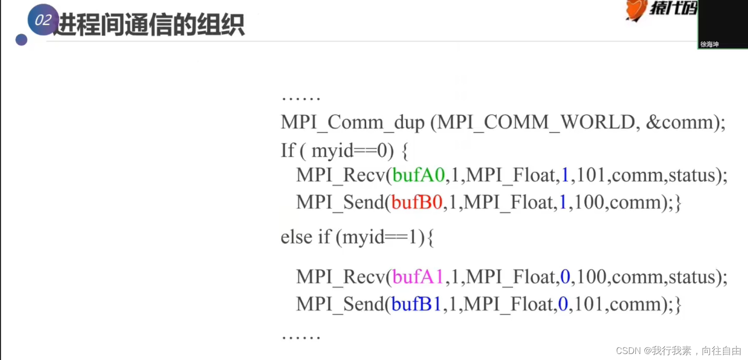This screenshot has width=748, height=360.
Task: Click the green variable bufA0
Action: [418, 175]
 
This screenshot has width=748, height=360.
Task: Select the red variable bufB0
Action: [417, 202]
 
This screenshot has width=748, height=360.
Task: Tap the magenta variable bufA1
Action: [418, 277]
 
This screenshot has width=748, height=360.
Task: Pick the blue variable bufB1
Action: [417, 304]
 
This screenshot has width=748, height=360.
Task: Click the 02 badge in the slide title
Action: [43, 20]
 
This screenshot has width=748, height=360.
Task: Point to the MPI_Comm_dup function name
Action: [352, 122]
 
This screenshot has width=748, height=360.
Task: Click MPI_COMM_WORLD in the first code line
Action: [536, 122]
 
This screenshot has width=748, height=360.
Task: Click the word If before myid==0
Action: [288, 150]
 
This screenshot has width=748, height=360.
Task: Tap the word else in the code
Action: [297, 237]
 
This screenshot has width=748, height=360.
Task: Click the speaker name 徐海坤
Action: [710, 44]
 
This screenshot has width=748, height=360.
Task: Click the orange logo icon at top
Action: [636, 10]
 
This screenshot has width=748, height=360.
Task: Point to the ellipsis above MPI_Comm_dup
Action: [301, 98]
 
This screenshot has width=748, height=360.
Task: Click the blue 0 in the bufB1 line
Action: [563, 304]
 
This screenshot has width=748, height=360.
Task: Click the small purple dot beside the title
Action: [21, 40]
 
